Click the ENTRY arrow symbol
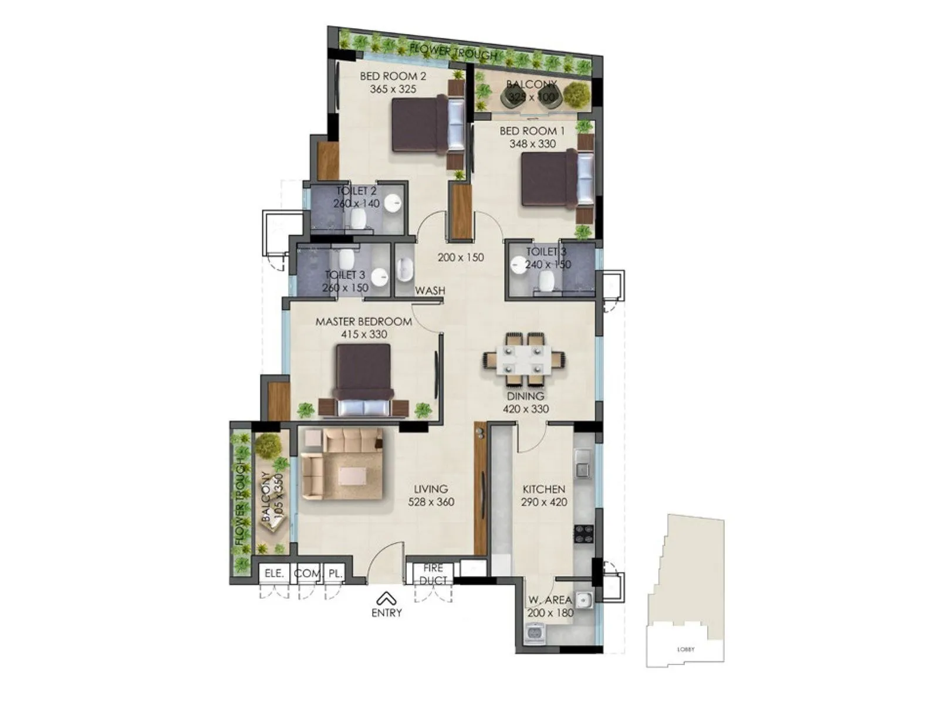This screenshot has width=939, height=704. (386, 598)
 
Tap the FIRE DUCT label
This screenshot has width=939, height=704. (434, 574)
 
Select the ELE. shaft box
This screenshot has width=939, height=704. (274, 573)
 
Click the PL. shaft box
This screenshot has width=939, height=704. (335, 573)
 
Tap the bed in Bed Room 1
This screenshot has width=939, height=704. (554, 179)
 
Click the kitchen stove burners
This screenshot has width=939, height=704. (583, 533)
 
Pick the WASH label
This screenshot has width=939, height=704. (430, 291)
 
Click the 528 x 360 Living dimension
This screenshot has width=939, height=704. (431, 502)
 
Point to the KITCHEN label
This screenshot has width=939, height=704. (544, 489)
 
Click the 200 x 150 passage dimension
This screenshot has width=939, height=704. (461, 258)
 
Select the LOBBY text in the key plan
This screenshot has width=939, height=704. (685, 649)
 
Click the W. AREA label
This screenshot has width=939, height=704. (549, 600)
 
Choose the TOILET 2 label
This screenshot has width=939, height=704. (356, 191)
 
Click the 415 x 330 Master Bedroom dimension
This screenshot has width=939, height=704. (364, 334)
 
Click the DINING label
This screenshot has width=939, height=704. (525, 397)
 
